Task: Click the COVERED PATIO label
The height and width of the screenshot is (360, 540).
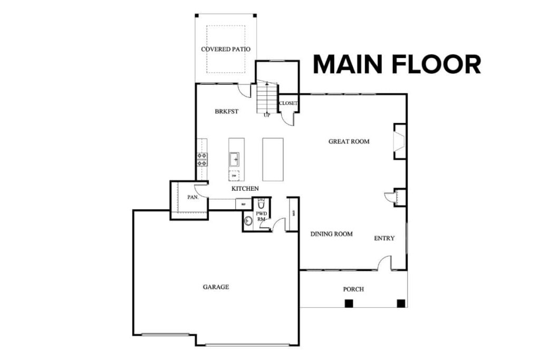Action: click(x=225, y=49)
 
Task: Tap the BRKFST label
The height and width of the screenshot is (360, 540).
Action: click(x=226, y=112)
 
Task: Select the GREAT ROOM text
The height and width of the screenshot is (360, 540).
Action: click(x=349, y=141)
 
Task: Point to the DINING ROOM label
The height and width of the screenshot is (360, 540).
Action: click(x=331, y=234)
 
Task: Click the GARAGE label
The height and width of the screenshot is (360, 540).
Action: click(x=216, y=287)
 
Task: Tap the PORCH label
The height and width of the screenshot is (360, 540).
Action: click(x=353, y=289)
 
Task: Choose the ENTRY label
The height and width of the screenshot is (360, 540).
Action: click(x=384, y=238)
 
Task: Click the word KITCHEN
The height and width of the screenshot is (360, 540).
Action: click(x=245, y=188)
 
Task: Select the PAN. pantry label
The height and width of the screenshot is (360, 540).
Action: click(x=192, y=198)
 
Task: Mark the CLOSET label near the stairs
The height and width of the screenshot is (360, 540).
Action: click(x=288, y=103)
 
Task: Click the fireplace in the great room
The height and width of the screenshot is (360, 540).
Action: click(x=399, y=141)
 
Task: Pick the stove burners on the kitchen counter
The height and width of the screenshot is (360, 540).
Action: click(x=201, y=159)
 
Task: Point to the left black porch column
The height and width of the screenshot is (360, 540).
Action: click(x=349, y=303)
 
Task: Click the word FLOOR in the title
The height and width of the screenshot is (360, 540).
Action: click(x=436, y=64)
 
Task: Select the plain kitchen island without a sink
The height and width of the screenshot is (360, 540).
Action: click(x=273, y=159)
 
